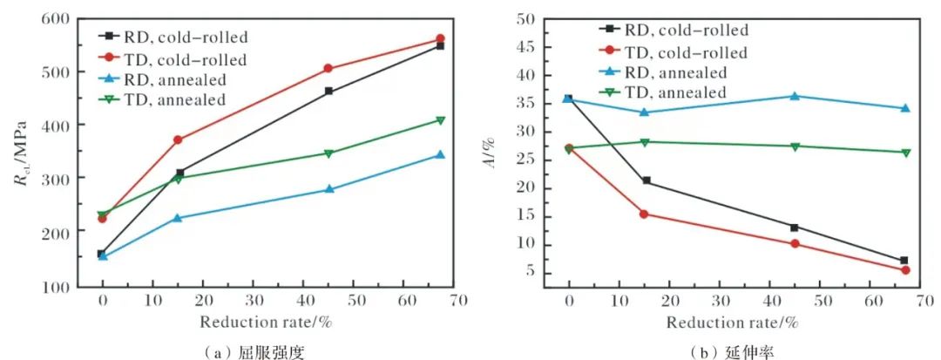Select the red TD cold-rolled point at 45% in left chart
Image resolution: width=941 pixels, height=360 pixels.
click(328, 68)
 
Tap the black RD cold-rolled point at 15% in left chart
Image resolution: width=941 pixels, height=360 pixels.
click(179, 173)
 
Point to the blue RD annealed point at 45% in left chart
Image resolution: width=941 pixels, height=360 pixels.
click(328, 189)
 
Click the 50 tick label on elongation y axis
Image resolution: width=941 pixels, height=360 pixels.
click(522, 18)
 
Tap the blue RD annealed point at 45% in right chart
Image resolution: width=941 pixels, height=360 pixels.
click(795, 96)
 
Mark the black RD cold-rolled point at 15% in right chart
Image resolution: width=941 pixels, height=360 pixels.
click(646, 180)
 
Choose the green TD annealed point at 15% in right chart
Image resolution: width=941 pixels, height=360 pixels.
click(646, 142)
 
